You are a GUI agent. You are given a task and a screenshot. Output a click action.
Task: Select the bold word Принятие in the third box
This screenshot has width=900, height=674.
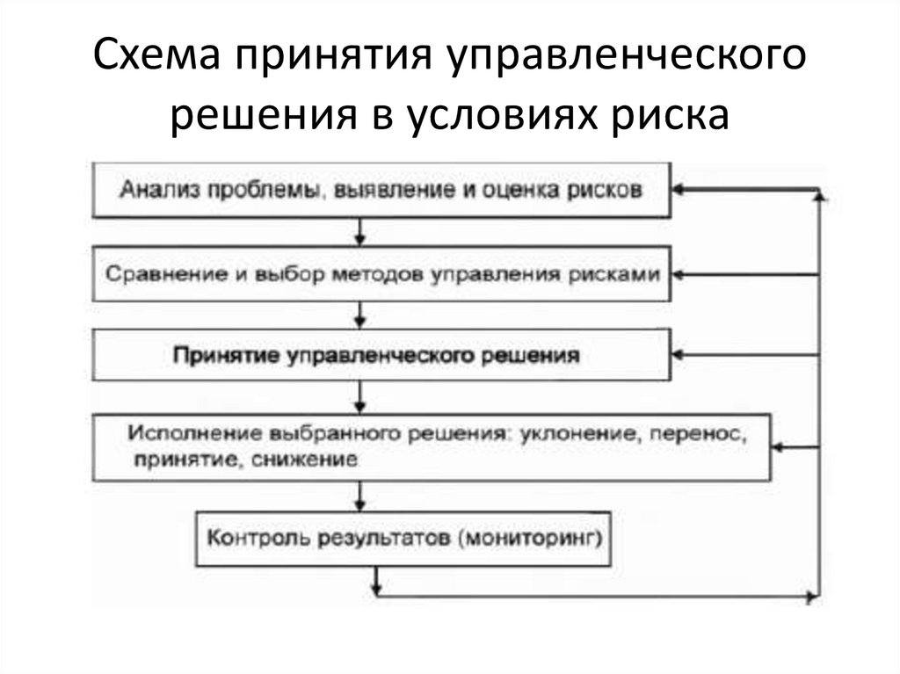tap(225, 356)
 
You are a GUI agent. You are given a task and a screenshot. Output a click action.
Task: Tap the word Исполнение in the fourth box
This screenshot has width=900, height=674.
tap(174, 434)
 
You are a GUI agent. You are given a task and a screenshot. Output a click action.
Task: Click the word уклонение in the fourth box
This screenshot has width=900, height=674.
tap(562, 434)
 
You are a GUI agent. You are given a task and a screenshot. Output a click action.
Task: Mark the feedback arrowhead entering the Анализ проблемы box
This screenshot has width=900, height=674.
tap(680, 189)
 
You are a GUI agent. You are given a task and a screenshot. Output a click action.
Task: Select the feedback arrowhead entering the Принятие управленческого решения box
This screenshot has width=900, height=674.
tap(680, 355)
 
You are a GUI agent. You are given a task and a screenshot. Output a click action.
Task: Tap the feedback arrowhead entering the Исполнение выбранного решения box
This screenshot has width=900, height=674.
tap(778, 447)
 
